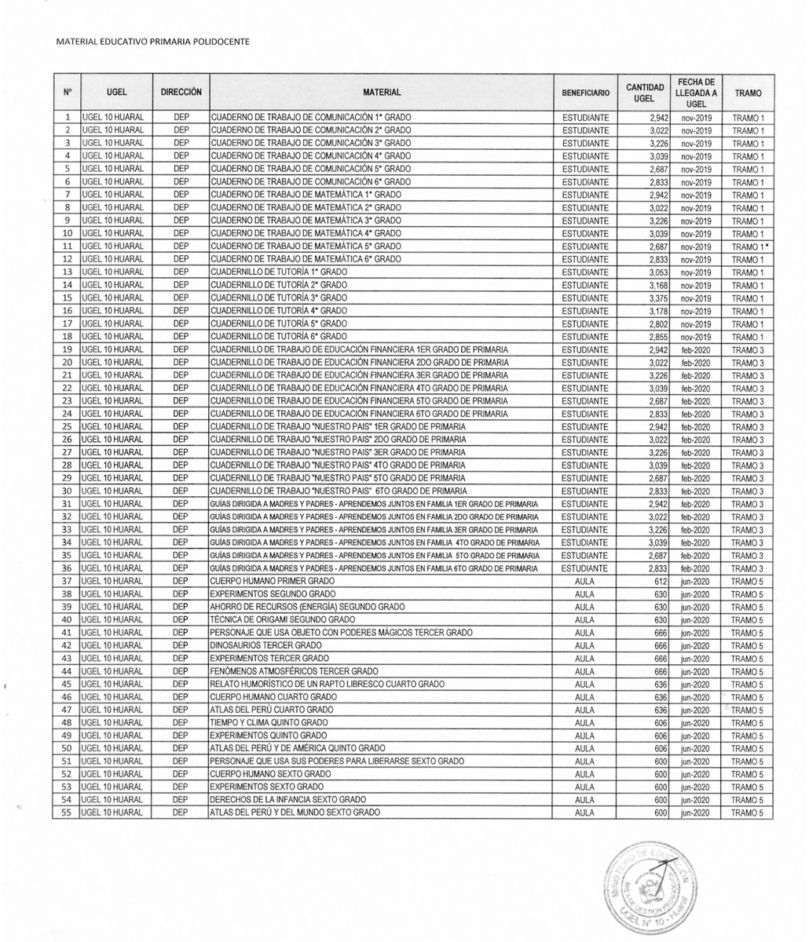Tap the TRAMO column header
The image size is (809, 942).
747,93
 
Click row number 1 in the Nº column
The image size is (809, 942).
68,117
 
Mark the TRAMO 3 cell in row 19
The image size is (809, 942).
747,349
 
